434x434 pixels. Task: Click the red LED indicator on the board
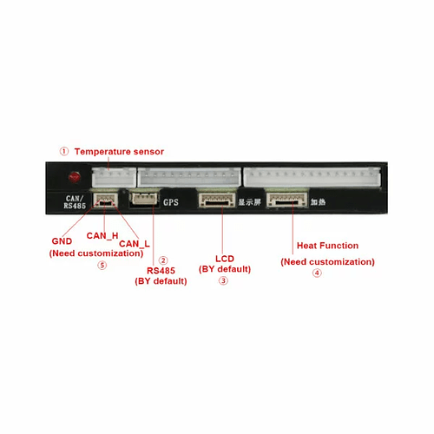click(75, 177)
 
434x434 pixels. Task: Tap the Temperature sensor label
click(119, 152)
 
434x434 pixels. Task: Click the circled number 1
click(64, 151)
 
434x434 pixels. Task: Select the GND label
click(62, 241)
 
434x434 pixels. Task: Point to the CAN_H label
click(102, 236)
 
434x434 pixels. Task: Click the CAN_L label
click(135, 244)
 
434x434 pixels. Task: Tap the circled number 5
click(102, 266)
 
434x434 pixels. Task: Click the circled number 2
click(163, 260)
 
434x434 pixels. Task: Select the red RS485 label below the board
click(161, 271)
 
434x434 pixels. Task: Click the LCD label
click(225, 259)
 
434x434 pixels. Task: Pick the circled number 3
click(223, 280)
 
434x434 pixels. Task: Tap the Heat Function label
click(327, 246)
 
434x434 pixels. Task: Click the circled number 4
click(317, 273)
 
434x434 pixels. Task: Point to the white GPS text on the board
click(171, 202)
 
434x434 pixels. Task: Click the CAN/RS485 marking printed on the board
click(75, 202)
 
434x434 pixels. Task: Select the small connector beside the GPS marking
click(145, 200)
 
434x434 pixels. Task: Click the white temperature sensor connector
click(114, 177)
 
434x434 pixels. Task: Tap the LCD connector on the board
click(217, 201)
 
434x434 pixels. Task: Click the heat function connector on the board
click(287, 200)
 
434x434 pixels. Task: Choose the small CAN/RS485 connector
click(105, 200)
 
